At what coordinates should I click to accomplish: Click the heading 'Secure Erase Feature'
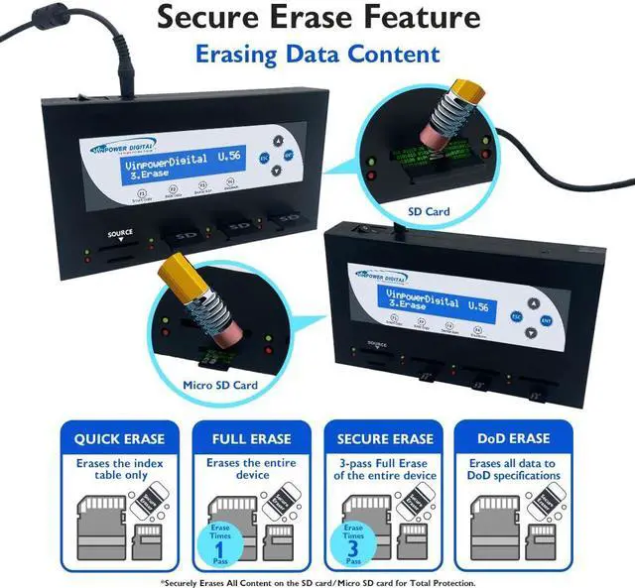pos(317,18)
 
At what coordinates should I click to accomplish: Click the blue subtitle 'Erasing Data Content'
pos(317,53)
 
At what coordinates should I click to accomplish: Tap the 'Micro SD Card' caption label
pos(220,384)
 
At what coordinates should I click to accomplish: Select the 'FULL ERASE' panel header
pos(251,438)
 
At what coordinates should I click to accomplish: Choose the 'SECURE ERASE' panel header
pos(384,438)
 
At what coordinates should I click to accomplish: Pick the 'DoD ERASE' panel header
pos(515,438)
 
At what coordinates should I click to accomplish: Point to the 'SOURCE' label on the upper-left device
pos(119,234)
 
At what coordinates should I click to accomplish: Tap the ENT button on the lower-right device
pos(545,320)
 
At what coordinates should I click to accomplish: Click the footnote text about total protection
pos(317,581)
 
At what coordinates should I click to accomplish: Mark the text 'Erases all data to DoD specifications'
pos(515,469)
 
